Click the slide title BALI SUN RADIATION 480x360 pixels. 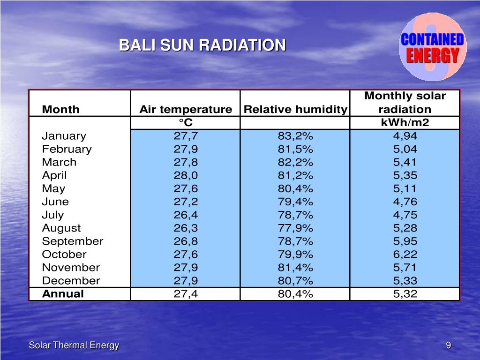pos(202,45)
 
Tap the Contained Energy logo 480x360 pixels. pos(433,47)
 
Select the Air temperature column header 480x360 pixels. pos(186,110)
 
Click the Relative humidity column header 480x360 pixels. pos(295,110)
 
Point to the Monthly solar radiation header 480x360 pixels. pos(405,103)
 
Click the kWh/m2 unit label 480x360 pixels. pos(405,123)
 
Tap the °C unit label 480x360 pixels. pos(186,123)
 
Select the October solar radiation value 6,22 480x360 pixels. pos(405,255)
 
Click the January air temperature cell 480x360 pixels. pos(186,136)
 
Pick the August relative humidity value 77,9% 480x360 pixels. pos(295,228)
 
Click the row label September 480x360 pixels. pos(73,241)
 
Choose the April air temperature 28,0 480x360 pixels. pos(186,176)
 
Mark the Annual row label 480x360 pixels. pos(63,294)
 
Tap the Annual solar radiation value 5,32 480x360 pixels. pos(405,294)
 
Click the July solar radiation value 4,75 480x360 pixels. pos(405,215)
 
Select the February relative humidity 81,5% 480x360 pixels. pos(295,150)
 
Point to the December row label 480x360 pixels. pos(71,281)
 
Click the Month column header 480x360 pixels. pos(61,110)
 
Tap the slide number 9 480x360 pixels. pos(449,345)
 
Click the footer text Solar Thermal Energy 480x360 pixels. pos(74,345)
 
